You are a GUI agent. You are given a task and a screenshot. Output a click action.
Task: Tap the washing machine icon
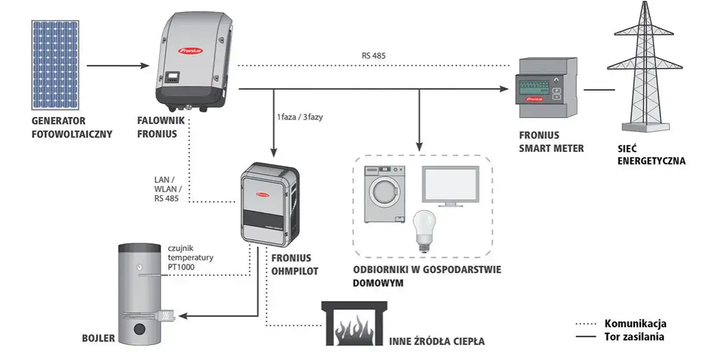(x=384, y=194)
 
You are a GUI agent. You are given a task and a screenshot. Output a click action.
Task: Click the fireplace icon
(x=351, y=324)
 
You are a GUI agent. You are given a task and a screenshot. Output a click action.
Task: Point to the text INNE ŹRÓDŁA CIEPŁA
(x=437, y=342)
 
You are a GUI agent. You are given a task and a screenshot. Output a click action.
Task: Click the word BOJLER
(x=98, y=340)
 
